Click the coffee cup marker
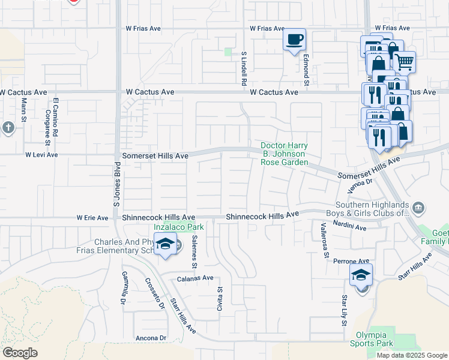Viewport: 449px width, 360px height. tap(294, 40)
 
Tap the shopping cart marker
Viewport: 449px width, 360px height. tap(404, 60)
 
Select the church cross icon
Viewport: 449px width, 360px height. tap(8, 127)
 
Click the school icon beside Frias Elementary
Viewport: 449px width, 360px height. tap(165, 244)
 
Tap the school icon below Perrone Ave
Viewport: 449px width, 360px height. tap(361, 275)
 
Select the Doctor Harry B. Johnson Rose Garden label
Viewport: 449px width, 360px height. tap(284, 154)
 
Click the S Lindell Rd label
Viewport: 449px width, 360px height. tap(244, 67)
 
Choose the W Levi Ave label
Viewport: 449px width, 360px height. tap(41, 155)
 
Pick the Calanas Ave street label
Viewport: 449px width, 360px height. tap(195, 278)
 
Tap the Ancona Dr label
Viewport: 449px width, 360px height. tap(151, 338)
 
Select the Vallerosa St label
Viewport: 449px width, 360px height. tap(324, 240)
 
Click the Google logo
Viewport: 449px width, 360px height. tap(20, 353)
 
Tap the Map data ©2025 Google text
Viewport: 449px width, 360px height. tap(412, 355)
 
